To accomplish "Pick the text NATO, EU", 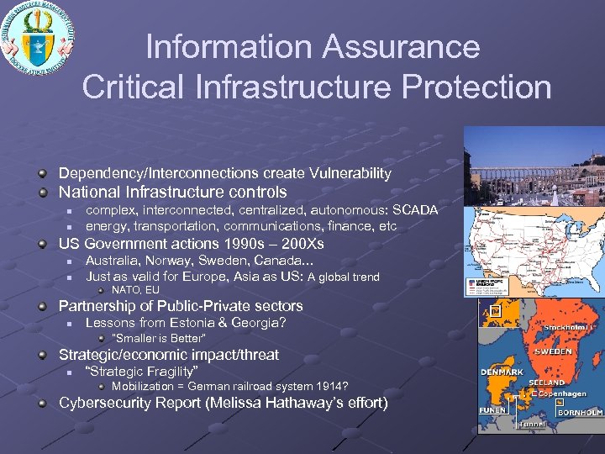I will coord(135,290).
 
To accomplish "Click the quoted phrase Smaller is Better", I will coord(159,339).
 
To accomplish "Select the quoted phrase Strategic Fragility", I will coord(142,372).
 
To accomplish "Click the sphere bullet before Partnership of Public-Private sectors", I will coord(42,306).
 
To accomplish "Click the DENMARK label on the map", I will coord(502,372).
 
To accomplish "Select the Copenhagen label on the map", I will coord(560,393).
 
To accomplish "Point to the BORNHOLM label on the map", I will coord(581,413).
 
